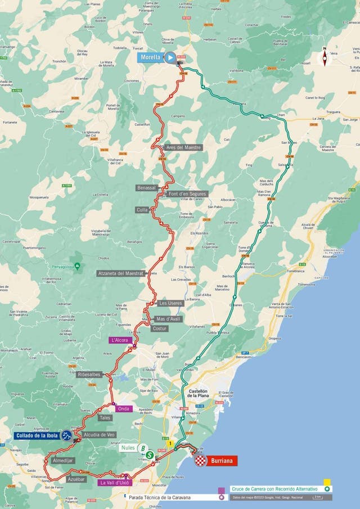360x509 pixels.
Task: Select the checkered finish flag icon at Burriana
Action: coord(201,461)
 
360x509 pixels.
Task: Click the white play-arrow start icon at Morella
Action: coord(170,57)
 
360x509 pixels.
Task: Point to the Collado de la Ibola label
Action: coord(37,435)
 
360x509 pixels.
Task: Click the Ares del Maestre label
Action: coord(183,147)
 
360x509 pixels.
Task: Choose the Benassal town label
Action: coord(146,187)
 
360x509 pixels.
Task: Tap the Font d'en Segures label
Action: coord(187,194)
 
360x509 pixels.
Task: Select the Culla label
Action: coord(142,210)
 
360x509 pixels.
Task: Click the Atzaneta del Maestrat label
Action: coord(120,273)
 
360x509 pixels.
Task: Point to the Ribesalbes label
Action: coord(89,373)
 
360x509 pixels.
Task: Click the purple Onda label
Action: coord(124,409)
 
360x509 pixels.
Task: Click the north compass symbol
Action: coord(324,56)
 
